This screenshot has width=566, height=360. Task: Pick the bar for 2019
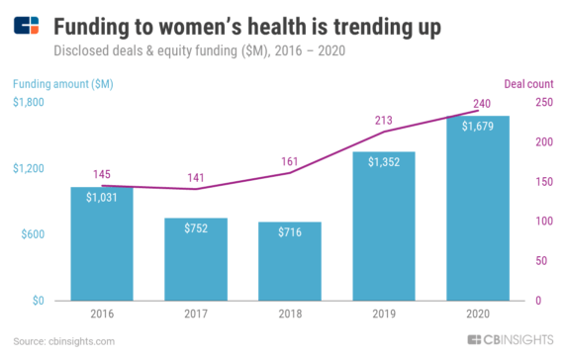pos(385,226)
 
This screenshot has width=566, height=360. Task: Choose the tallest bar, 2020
pos(479,209)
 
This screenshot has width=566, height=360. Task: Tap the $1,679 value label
pos(479,126)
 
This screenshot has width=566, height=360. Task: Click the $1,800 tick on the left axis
pos(27,103)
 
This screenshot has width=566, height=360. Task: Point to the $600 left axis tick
pos(31,234)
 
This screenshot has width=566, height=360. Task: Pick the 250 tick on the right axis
pos(542,103)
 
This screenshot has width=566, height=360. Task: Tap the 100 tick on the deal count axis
pos(542,222)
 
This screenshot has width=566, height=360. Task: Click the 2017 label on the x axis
pos(196,315)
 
